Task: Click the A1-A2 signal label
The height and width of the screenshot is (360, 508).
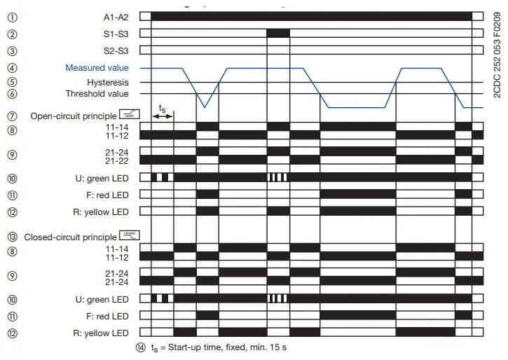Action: coord(116,16)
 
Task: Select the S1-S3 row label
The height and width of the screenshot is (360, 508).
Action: coord(116,34)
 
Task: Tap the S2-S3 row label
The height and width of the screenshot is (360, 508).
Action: coord(116,50)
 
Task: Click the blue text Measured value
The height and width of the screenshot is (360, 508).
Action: coord(97,68)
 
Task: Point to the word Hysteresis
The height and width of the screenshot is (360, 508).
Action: coord(108,83)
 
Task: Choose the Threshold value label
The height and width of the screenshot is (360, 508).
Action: coord(97,93)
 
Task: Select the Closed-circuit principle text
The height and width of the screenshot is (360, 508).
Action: coord(70,237)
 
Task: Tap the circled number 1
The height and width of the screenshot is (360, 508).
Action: coord(12,16)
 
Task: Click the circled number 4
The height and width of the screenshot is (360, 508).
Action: coord(12,68)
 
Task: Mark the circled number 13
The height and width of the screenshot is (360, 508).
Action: coord(12,237)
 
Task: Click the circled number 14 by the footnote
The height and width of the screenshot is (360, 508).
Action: coord(141,347)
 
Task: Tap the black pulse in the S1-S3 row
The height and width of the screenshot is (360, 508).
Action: coord(278,33)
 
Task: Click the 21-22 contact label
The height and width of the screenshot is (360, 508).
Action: coord(116,159)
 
